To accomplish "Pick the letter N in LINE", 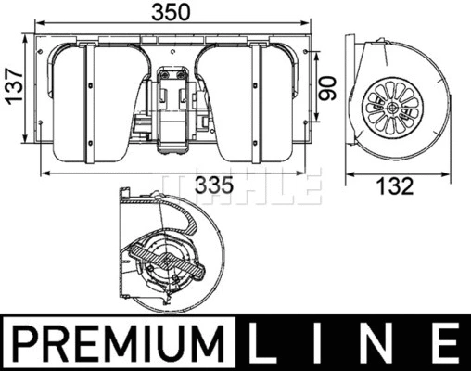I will tap(381, 343).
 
